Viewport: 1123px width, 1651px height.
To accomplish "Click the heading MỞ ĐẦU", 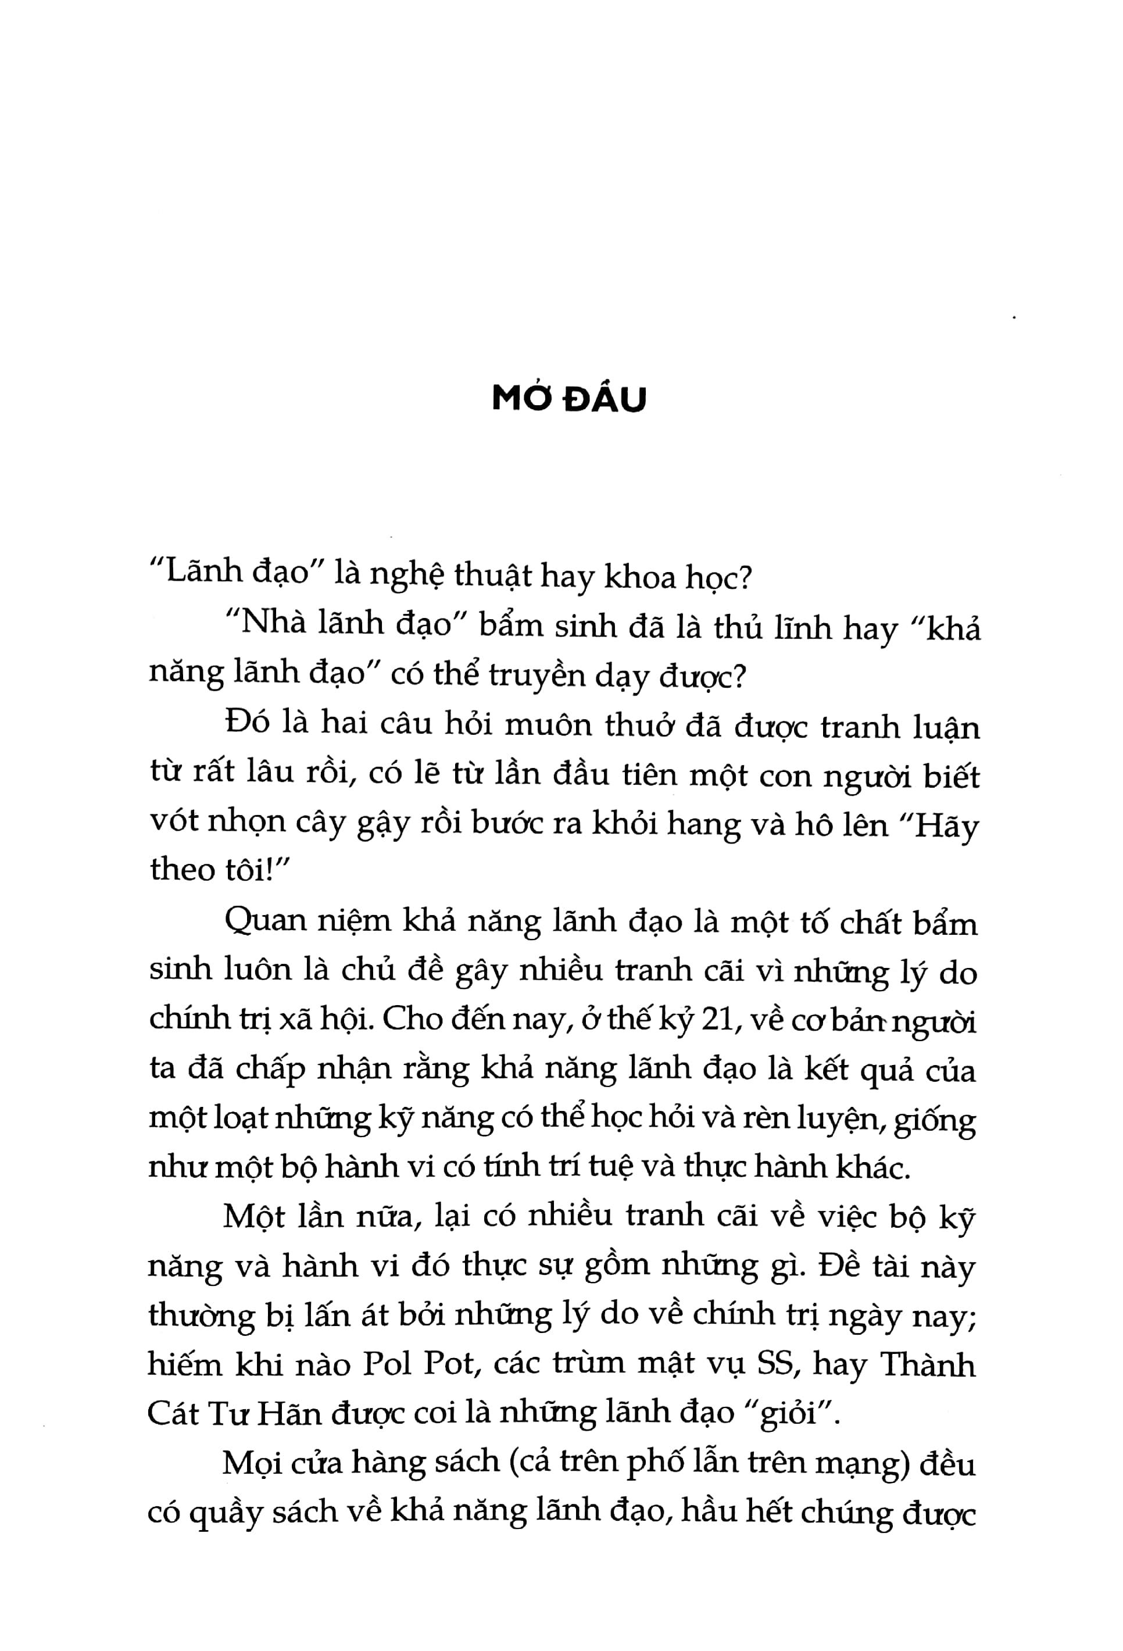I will pyautogui.click(x=569, y=400).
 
